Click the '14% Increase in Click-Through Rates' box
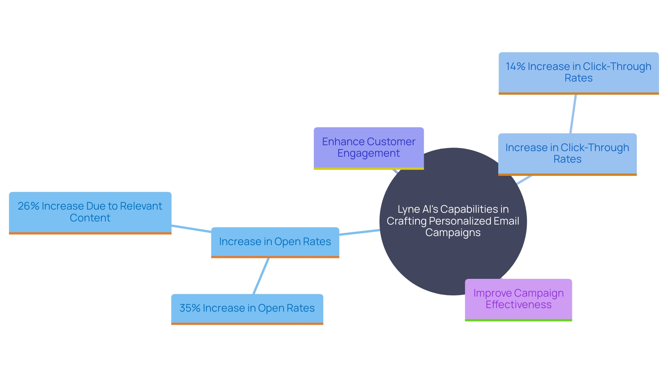click(579, 73)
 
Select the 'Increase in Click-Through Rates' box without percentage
click(567, 154)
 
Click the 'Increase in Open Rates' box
click(275, 242)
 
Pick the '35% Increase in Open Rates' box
click(247, 309)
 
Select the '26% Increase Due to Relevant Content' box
click(90, 212)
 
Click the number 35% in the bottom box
click(190, 308)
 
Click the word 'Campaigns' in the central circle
click(453, 233)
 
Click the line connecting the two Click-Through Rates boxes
click(573, 113)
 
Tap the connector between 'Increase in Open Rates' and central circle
click(359, 232)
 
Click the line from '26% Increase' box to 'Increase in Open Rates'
click(191, 229)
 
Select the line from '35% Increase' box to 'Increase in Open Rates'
click(261, 276)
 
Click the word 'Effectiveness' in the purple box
click(518, 305)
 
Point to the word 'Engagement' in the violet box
click(368, 153)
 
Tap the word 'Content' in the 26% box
click(90, 218)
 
